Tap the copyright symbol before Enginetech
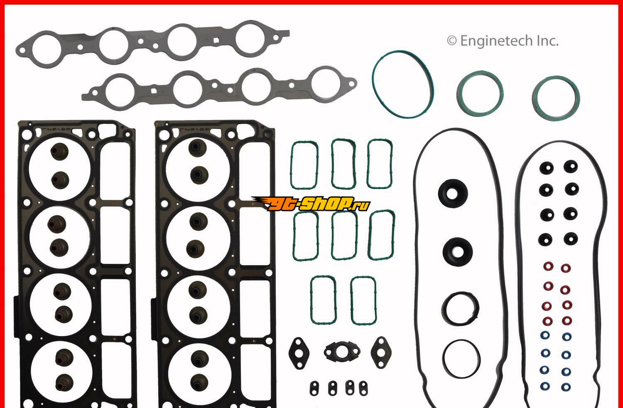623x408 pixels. click(x=452, y=41)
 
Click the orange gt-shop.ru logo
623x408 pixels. click(x=311, y=204)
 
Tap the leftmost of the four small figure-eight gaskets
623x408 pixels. click(x=314, y=388)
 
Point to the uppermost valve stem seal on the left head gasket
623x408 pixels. click(x=59, y=152)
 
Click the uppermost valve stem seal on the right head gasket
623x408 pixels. click(x=197, y=148)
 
